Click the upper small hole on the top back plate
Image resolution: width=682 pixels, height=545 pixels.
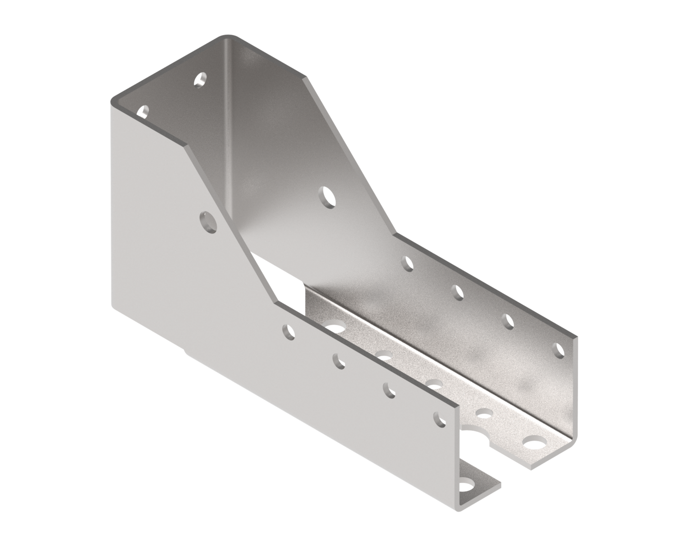200,79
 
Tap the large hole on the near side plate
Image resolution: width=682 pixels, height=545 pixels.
207,221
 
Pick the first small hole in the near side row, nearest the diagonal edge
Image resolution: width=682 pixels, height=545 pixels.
287,333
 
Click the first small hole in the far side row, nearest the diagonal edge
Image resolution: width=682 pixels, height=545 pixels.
407,263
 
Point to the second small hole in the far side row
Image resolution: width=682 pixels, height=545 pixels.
458,291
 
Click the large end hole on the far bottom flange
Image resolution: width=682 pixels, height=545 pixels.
534,444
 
